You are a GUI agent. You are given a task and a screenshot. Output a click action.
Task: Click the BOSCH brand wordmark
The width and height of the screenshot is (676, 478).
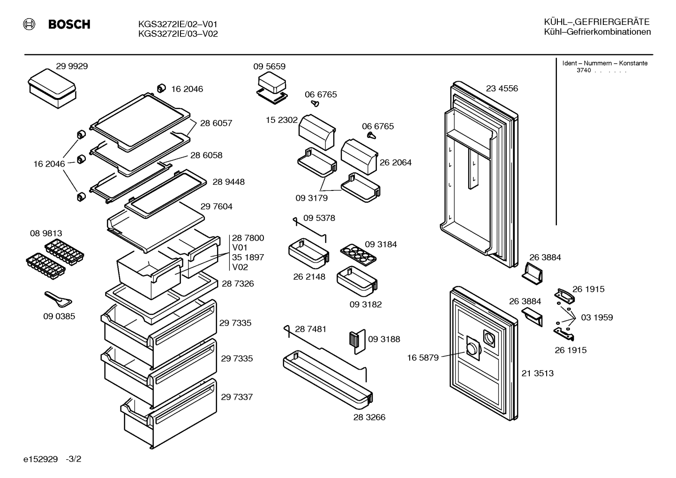(x=69, y=24)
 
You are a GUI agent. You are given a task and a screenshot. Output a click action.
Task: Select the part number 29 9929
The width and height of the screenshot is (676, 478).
(x=72, y=66)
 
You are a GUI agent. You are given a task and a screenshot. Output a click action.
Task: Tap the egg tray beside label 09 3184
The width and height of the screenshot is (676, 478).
(x=358, y=255)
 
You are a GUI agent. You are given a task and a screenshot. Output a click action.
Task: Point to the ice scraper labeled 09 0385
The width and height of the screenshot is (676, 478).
(x=58, y=299)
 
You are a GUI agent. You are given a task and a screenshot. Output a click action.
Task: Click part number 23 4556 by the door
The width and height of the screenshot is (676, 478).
(x=502, y=89)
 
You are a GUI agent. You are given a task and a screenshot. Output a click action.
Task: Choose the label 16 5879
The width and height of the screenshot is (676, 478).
(x=423, y=358)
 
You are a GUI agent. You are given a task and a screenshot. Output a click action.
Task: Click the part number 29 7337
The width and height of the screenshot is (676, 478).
(x=237, y=397)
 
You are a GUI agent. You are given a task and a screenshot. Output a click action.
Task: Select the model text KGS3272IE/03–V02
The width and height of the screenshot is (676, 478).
(x=178, y=34)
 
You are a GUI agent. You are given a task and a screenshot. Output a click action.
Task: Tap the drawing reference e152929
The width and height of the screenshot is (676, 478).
(x=40, y=459)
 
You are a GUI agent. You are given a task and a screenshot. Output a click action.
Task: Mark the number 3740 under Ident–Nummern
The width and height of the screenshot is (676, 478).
(x=584, y=70)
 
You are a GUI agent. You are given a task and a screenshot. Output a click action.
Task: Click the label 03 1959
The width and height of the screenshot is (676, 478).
(x=597, y=318)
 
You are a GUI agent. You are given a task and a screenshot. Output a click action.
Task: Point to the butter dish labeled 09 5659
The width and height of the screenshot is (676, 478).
(x=272, y=88)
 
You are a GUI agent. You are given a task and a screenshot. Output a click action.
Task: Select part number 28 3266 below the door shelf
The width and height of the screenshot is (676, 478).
(x=369, y=417)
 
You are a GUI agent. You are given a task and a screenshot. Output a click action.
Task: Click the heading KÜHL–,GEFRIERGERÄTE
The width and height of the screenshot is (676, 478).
(x=597, y=22)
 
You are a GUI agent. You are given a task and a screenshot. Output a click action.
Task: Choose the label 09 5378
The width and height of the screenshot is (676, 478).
(x=319, y=218)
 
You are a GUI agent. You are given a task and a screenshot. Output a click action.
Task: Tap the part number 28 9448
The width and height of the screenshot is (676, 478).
(x=228, y=182)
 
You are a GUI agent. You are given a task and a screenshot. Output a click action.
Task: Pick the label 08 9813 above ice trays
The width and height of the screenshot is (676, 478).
(x=46, y=234)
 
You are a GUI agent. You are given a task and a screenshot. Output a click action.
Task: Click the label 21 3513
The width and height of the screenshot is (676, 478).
(x=538, y=373)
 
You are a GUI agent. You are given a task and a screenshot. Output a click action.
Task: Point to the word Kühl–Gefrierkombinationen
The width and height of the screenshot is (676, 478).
(x=597, y=32)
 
